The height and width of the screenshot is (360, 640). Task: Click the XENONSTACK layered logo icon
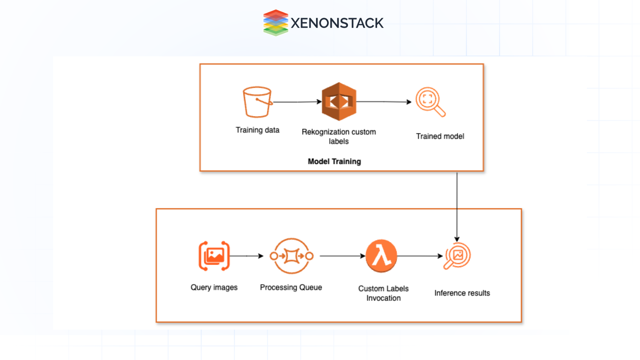pyautogui.click(x=275, y=23)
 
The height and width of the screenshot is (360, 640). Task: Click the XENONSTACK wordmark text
pyautogui.click(x=337, y=23)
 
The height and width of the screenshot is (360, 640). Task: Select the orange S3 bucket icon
pyautogui.click(x=257, y=102)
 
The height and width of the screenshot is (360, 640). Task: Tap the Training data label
pyautogui.click(x=257, y=130)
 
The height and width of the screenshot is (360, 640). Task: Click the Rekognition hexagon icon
pyautogui.click(x=339, y=101)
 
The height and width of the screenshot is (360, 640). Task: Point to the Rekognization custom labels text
pyautogui.click(x=339, y=136)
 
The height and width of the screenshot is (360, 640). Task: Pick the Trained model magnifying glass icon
pyautogui.click(x=430, y=102)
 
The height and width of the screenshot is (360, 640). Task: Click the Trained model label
pyautogui.click(x=440, y=136)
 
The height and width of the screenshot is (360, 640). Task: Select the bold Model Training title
pyautogui.click(x=334, y=162)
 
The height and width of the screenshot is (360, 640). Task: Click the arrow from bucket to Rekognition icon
pyautogui.click(x=297, y=102)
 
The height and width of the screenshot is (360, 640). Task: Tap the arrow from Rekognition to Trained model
pyautogui.click(x=383, y=102)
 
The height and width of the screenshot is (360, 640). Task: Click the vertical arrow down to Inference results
pyautogui.click(x=457, y=207)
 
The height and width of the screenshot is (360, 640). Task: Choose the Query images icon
pyautogui.click(x=214, y=256)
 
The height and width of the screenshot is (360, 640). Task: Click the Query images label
pyautogui.click(x=214, y=287)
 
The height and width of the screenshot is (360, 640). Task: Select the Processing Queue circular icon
pyautogui.click(x=291, y=256)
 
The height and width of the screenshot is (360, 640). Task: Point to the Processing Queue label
pyautogui.click(x=291, y=287)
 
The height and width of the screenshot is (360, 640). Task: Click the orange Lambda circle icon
pyautogui.click(x=381, y=256)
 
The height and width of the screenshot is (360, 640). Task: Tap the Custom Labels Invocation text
pyautogui.click(x=383, y=293)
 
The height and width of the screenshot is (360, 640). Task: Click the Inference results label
pyautogui.click(x=462, y=293)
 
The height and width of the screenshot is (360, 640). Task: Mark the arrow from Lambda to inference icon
pyautogui.click(x=420, y=256)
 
